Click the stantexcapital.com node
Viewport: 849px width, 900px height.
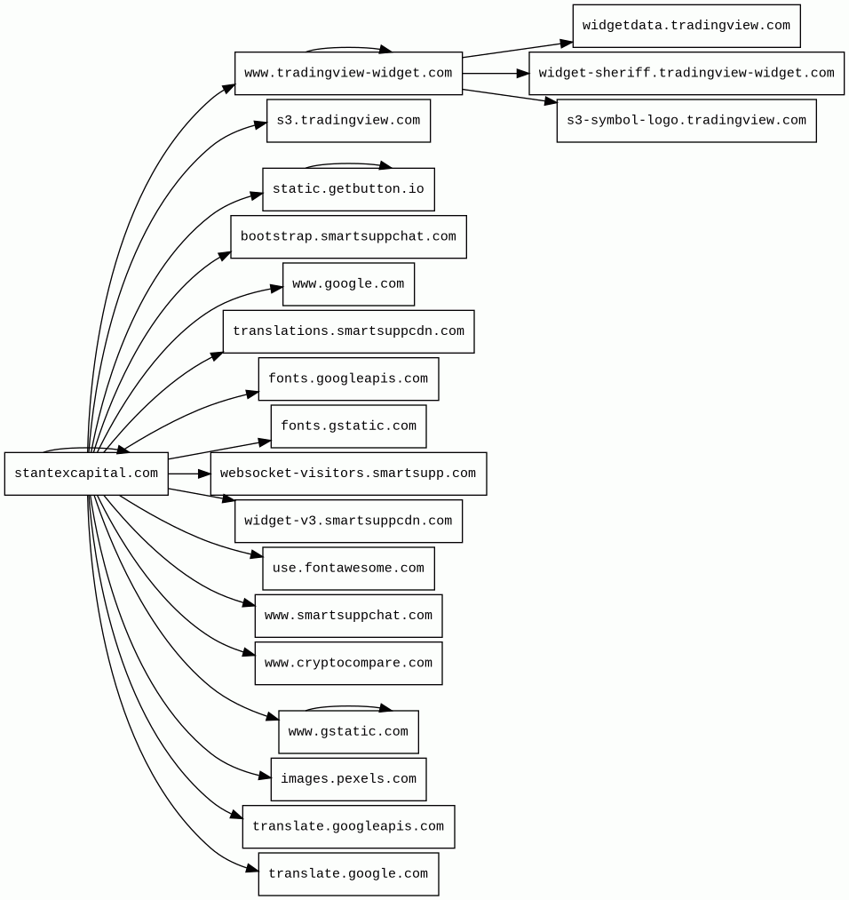pos(86,474)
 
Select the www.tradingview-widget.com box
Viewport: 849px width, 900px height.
pos(348,74)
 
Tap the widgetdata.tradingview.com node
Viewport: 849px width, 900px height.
pos(686,26)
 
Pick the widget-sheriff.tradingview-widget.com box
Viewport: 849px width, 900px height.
pos(686,74)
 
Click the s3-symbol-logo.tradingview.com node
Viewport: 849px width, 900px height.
pos(686,121)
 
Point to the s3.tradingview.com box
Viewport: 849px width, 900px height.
pos(348,121)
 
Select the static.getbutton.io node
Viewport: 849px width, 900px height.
pos(348,189)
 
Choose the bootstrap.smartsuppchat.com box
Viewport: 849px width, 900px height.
pos(348,237)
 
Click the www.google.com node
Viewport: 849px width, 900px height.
pos(348,284)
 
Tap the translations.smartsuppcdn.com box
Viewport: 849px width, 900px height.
pos(348,331)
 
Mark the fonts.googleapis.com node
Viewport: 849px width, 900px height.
pos(348,379)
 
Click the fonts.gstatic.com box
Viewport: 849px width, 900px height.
pos(348,426)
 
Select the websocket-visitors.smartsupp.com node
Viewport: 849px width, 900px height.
pos(348,474)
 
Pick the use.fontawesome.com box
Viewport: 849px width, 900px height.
pos(348,569)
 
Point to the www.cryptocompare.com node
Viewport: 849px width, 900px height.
pos(348,664)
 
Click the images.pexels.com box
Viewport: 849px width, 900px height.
pos(348,779)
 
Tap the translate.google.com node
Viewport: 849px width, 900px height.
pos(348,874)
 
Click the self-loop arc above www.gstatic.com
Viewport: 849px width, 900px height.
pos(348,706)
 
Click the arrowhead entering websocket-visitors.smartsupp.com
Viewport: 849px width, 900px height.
pos(203,474)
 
